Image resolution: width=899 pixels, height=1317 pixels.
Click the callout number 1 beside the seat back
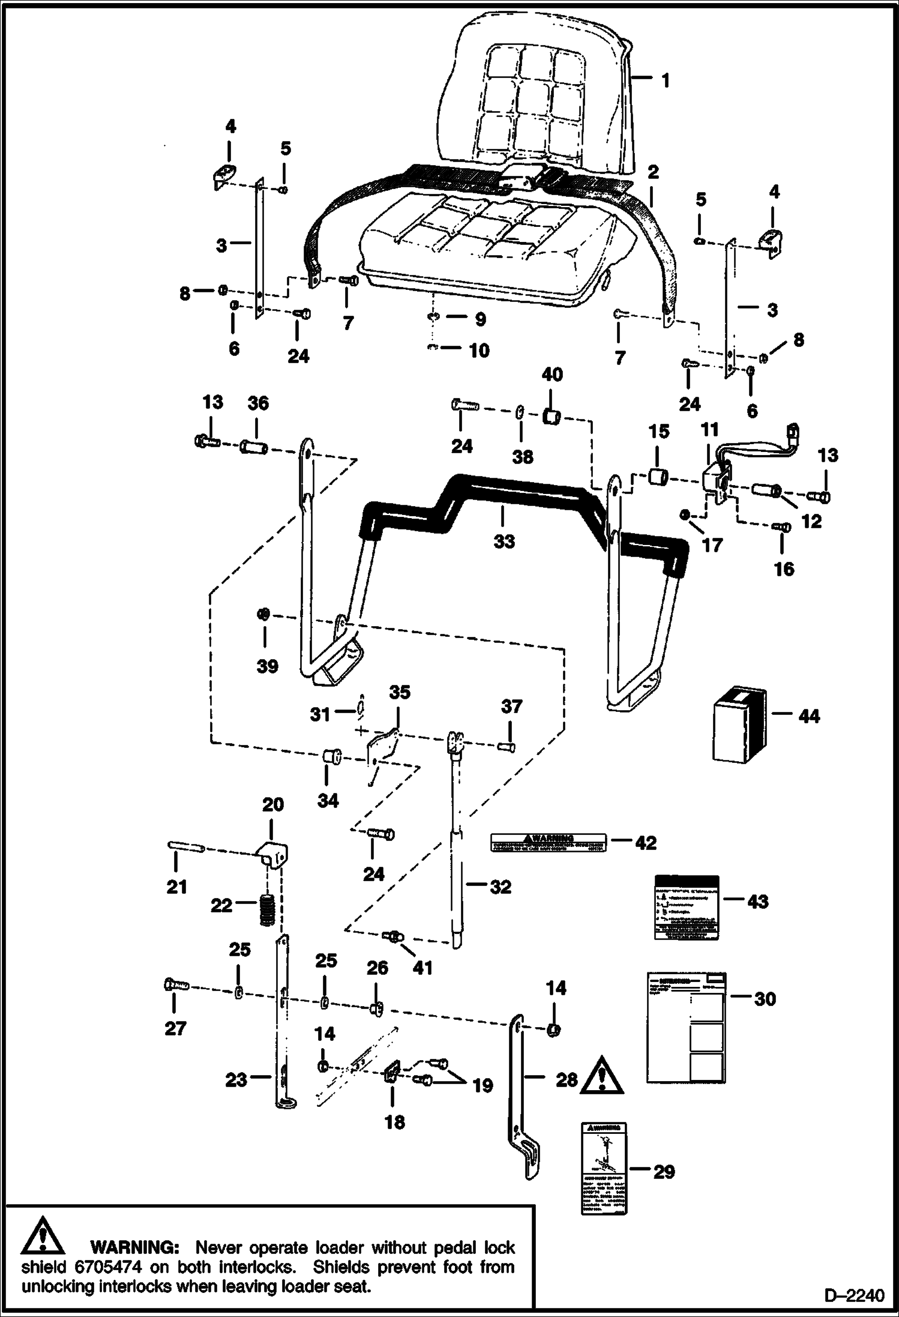point(665,80)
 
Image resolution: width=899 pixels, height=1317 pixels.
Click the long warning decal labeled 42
point(548,842)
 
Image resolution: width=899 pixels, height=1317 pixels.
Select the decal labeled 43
point(685,906)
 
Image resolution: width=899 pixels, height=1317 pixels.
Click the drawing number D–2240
point(853,1296)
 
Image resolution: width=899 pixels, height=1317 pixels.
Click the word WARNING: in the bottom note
point(134,1247)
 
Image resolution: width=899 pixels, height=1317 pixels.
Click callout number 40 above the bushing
point(552,375)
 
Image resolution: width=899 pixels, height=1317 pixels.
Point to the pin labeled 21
point(185,846)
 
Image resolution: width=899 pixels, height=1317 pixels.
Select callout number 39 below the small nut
point(267,666)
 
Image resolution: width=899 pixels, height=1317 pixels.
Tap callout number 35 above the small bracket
point(400,692)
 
